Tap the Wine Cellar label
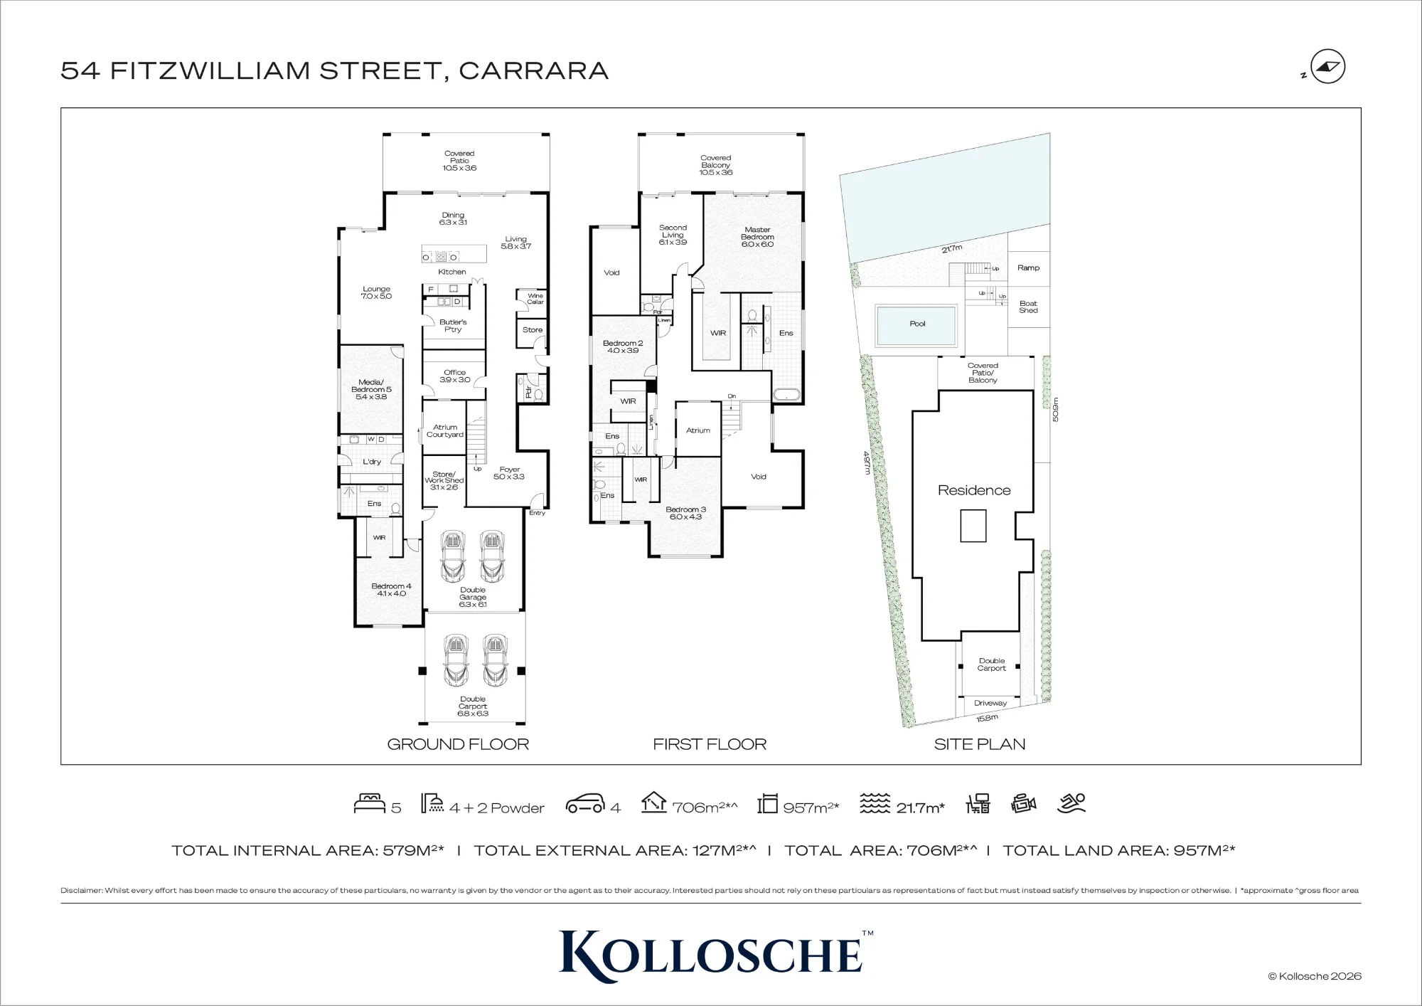pyautogui.click(x=535, y=299)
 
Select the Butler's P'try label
pyautogui.click(x=453, y=326)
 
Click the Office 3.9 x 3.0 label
pyautogui.click(x=455, y=376)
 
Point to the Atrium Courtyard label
pyautogui.click(x=445, y=431)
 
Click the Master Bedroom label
pyautogui.click(x=757, y=237)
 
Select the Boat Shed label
pyautogui.click(x=1028, y=307)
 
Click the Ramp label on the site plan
pyautogui.click(x=1028, y=268)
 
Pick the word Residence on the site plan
pyautogui.click(x=974, y=490)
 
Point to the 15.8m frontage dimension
pyautogui.click(x=987, y=719)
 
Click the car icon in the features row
pyautogui.click(x=585, y=804)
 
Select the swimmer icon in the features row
pyautogui.click(x=1071, y=803)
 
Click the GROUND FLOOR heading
pyautogui.click(x=458, y=744)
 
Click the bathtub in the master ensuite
pyautogui.click(x=786, y=396)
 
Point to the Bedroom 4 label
pyautogui.click(x=391, y=590)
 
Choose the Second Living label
pyautogui.click(x=673, y=235)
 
